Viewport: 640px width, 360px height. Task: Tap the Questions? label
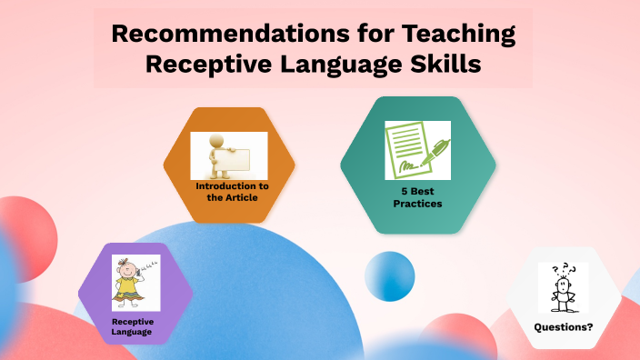pyautogui.click(x=563, y=326)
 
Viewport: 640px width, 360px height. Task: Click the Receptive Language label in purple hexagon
pyautogui.click(x=132, y=326)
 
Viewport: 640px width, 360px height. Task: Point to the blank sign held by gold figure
pyautogui.click(x=245, y=156)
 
